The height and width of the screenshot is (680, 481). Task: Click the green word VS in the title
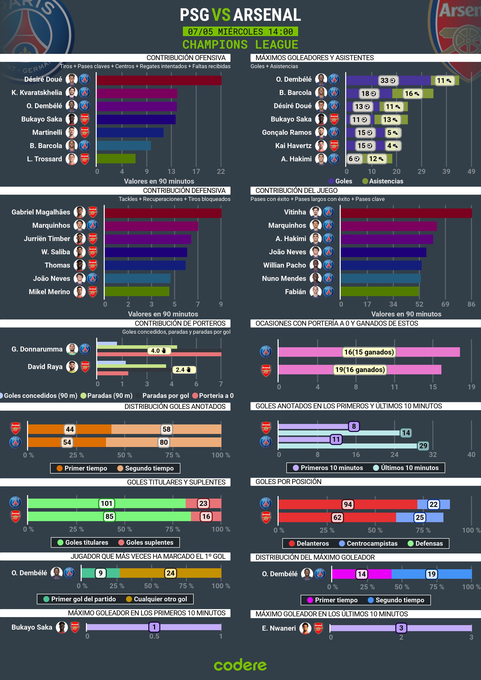(221, 15)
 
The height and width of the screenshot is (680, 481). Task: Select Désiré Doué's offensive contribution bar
(159, 80)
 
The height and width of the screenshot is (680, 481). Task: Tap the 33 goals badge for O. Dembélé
(388, 81)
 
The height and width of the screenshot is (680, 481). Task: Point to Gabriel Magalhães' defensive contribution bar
(163, 213)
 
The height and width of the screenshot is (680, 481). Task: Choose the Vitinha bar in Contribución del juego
(406, 213)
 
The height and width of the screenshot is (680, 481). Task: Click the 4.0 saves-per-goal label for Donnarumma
(159, 351)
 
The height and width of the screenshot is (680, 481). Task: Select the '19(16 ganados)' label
(360, 370)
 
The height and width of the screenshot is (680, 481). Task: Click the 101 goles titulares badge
(107, 503)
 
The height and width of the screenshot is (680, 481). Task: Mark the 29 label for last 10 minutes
(423, 446)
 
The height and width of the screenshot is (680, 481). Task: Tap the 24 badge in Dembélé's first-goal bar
(170, 573)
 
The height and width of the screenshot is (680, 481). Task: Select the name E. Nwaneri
(279, 628)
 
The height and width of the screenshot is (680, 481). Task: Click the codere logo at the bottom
(240, 665)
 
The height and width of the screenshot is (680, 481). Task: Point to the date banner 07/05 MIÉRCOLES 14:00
(240, 31)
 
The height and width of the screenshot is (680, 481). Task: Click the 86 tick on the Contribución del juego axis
(471, 304)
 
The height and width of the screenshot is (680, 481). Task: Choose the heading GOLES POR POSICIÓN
(288, 482)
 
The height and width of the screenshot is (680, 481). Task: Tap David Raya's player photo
(72, 367)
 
